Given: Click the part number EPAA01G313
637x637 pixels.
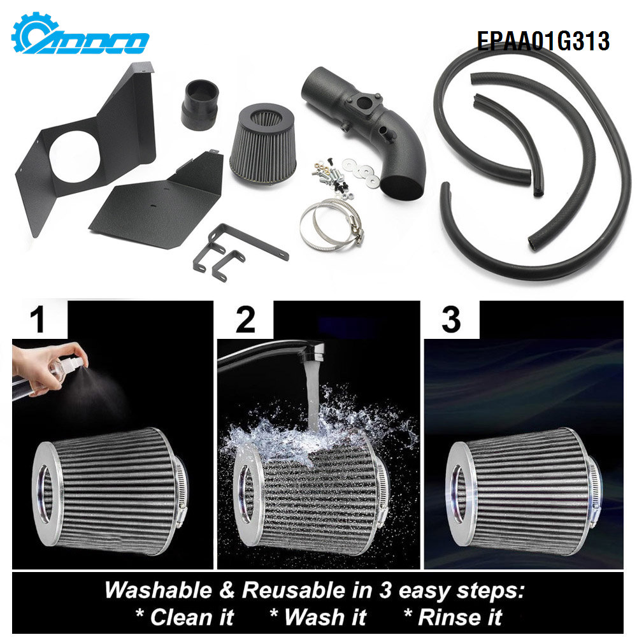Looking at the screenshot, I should [x=543, y=41].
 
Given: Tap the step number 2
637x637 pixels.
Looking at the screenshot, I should [x=245, y=318].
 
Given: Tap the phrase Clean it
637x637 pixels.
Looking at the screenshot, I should [x=185, y=617].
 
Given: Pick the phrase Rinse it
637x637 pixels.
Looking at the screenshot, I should [x=453, y=617].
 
